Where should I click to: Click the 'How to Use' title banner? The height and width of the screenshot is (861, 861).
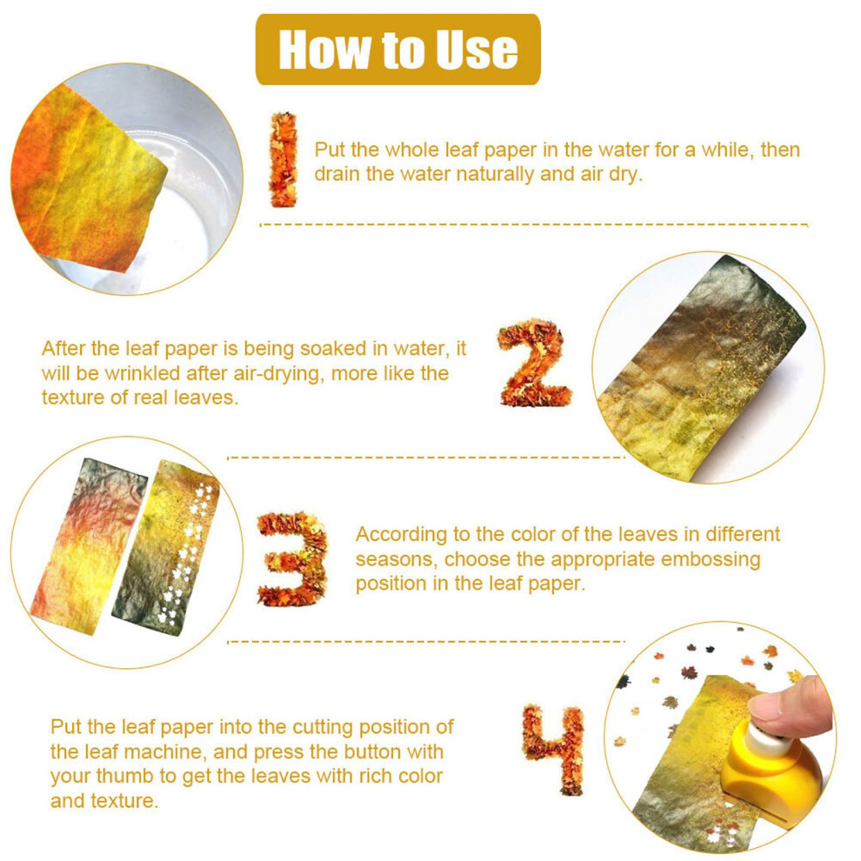398,50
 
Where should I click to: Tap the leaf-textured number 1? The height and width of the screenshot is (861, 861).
284,159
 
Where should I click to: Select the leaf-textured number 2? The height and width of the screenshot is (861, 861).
534,363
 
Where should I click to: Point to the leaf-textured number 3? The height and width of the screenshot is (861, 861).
292,558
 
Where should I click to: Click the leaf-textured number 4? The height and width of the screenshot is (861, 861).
553,750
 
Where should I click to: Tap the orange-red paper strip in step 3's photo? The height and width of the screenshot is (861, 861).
88,546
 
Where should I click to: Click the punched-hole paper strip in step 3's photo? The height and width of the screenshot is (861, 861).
164,549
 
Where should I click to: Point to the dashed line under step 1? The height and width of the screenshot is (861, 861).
534,224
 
